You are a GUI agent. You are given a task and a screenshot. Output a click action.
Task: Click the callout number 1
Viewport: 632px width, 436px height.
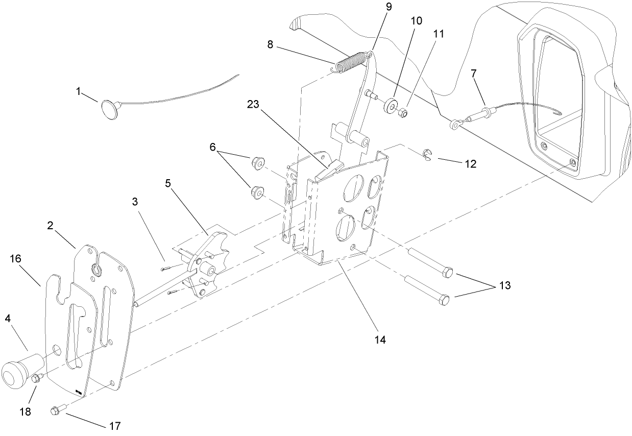(x=79, y=91)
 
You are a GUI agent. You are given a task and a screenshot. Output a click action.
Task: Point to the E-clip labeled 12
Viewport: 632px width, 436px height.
(x=428, y=155)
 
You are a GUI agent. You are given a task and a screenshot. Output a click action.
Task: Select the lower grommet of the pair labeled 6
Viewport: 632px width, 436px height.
(x=257, y=192)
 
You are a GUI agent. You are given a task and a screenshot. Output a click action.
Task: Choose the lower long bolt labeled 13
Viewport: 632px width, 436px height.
(x=424, y=290)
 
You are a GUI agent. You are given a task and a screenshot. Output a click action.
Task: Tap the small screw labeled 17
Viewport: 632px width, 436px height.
(x=56, y=410)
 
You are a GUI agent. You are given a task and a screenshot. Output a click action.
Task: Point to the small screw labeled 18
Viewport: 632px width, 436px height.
(x=37, y=379)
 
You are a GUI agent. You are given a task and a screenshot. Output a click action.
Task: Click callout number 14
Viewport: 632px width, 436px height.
(x=378, y=339)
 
